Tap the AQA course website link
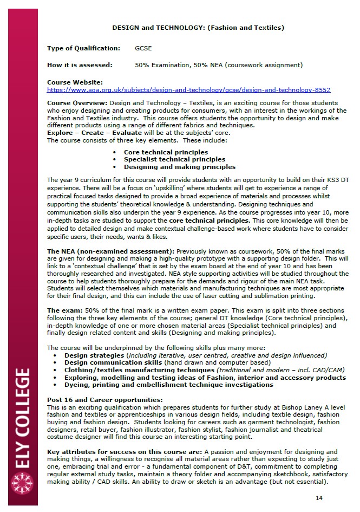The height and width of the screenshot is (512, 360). coord(188,90)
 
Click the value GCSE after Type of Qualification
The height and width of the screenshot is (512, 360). coord(143,48)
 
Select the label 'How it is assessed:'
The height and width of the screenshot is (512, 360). coord(80,65)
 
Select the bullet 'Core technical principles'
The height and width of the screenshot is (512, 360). coord(166,152)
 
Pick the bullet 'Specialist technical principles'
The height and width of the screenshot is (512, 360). coord(174,159)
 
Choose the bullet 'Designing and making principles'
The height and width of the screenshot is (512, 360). coord(180,167)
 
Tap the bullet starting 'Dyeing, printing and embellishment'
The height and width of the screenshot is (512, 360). coord(168,385)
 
